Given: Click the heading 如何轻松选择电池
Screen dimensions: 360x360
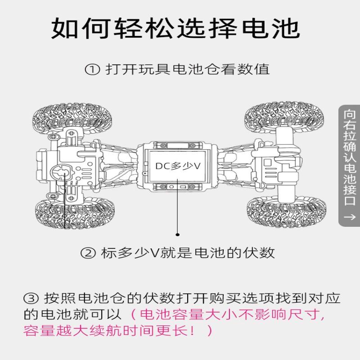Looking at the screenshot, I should point(175,29).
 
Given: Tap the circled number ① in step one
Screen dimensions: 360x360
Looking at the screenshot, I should point(92,70).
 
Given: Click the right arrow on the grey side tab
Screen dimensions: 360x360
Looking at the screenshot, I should point(349,217).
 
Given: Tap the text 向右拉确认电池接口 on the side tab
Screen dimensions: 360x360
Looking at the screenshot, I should point(349,157).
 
